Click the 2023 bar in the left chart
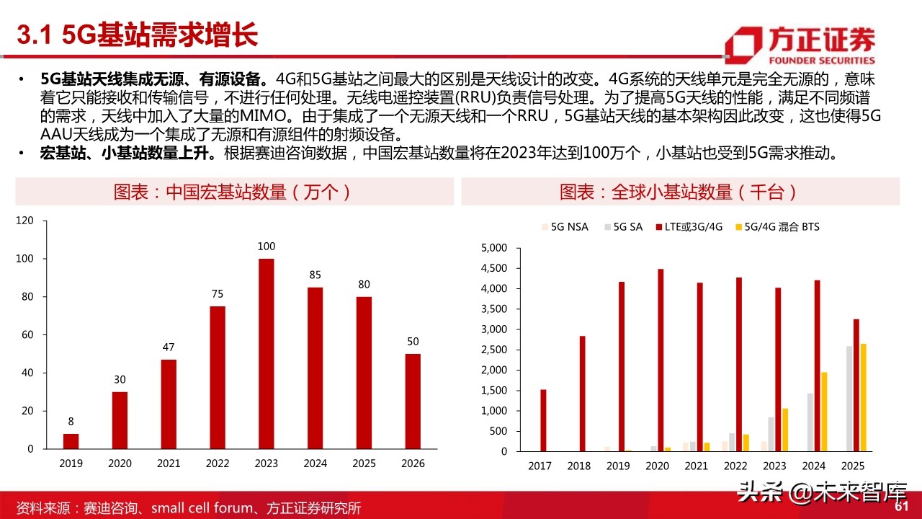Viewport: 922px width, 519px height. click(x=267, y=353)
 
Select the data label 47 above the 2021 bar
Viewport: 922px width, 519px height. click(x=168, y=347)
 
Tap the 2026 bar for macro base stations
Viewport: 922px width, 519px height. click(x=413, y=401)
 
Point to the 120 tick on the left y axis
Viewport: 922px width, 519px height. click(x=24, y=221)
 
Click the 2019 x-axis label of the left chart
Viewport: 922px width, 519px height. click(x=71, y=463)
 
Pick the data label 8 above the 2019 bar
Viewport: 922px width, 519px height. click(x=71, y=422)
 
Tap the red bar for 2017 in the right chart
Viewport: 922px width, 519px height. click(x=544, y=420)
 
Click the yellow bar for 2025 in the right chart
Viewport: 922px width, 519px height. click(x=863, y=398)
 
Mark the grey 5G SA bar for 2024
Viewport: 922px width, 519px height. click(x=810, y=422)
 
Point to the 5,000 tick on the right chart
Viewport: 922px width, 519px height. click(x=493, y=248)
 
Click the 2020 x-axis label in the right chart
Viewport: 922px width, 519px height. click(x=656, y=466)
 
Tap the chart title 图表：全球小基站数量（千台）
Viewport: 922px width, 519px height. click(x=679, y=192)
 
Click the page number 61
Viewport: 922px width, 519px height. click(x=901, y=507)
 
